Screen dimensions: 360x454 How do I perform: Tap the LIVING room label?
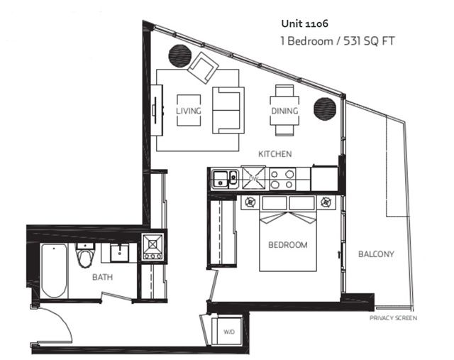189,111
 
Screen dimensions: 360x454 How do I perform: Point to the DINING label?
284,111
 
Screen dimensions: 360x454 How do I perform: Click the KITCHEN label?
275,154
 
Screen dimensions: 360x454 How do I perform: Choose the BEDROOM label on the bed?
287,245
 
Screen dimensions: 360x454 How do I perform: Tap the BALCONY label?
376,254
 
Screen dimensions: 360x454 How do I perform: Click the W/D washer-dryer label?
229,331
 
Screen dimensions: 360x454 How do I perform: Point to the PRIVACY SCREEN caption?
393,318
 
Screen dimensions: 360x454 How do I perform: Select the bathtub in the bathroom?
53,271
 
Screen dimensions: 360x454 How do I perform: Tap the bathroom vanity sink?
118,251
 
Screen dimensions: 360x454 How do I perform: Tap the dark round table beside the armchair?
179,55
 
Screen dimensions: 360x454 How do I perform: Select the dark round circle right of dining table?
325,109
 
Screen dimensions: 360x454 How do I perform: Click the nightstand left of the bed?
250,202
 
